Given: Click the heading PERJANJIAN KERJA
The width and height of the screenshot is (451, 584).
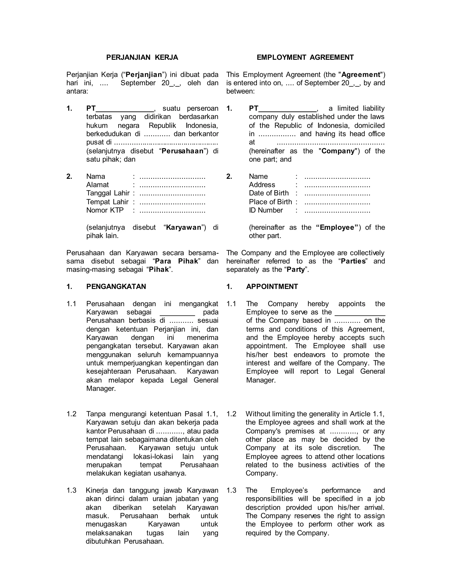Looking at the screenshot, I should [142, 58].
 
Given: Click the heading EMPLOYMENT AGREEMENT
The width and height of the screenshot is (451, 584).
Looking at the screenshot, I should [305, 58].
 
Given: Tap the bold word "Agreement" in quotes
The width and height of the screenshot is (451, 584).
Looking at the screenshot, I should [361, 75].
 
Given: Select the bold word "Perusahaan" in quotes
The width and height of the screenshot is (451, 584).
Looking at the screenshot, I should [183, 151].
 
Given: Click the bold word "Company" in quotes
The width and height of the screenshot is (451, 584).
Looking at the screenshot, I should [338, 151].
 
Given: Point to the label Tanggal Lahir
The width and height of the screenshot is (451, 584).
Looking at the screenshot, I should [108, 193].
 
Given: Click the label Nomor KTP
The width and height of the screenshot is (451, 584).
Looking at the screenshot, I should [105, 210].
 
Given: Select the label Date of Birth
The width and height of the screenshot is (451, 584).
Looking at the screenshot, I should [269, 193].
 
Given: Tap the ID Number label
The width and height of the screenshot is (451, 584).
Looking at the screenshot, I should [266, 210].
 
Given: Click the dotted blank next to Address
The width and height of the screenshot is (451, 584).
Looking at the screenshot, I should [337, 185].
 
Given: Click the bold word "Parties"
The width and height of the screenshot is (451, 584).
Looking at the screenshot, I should [353, 261].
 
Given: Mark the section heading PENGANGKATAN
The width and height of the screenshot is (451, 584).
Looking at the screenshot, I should [116, 287].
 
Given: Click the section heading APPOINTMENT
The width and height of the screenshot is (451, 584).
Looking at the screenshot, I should [272, 287].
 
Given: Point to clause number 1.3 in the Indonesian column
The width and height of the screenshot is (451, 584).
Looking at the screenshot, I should [71, 490].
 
